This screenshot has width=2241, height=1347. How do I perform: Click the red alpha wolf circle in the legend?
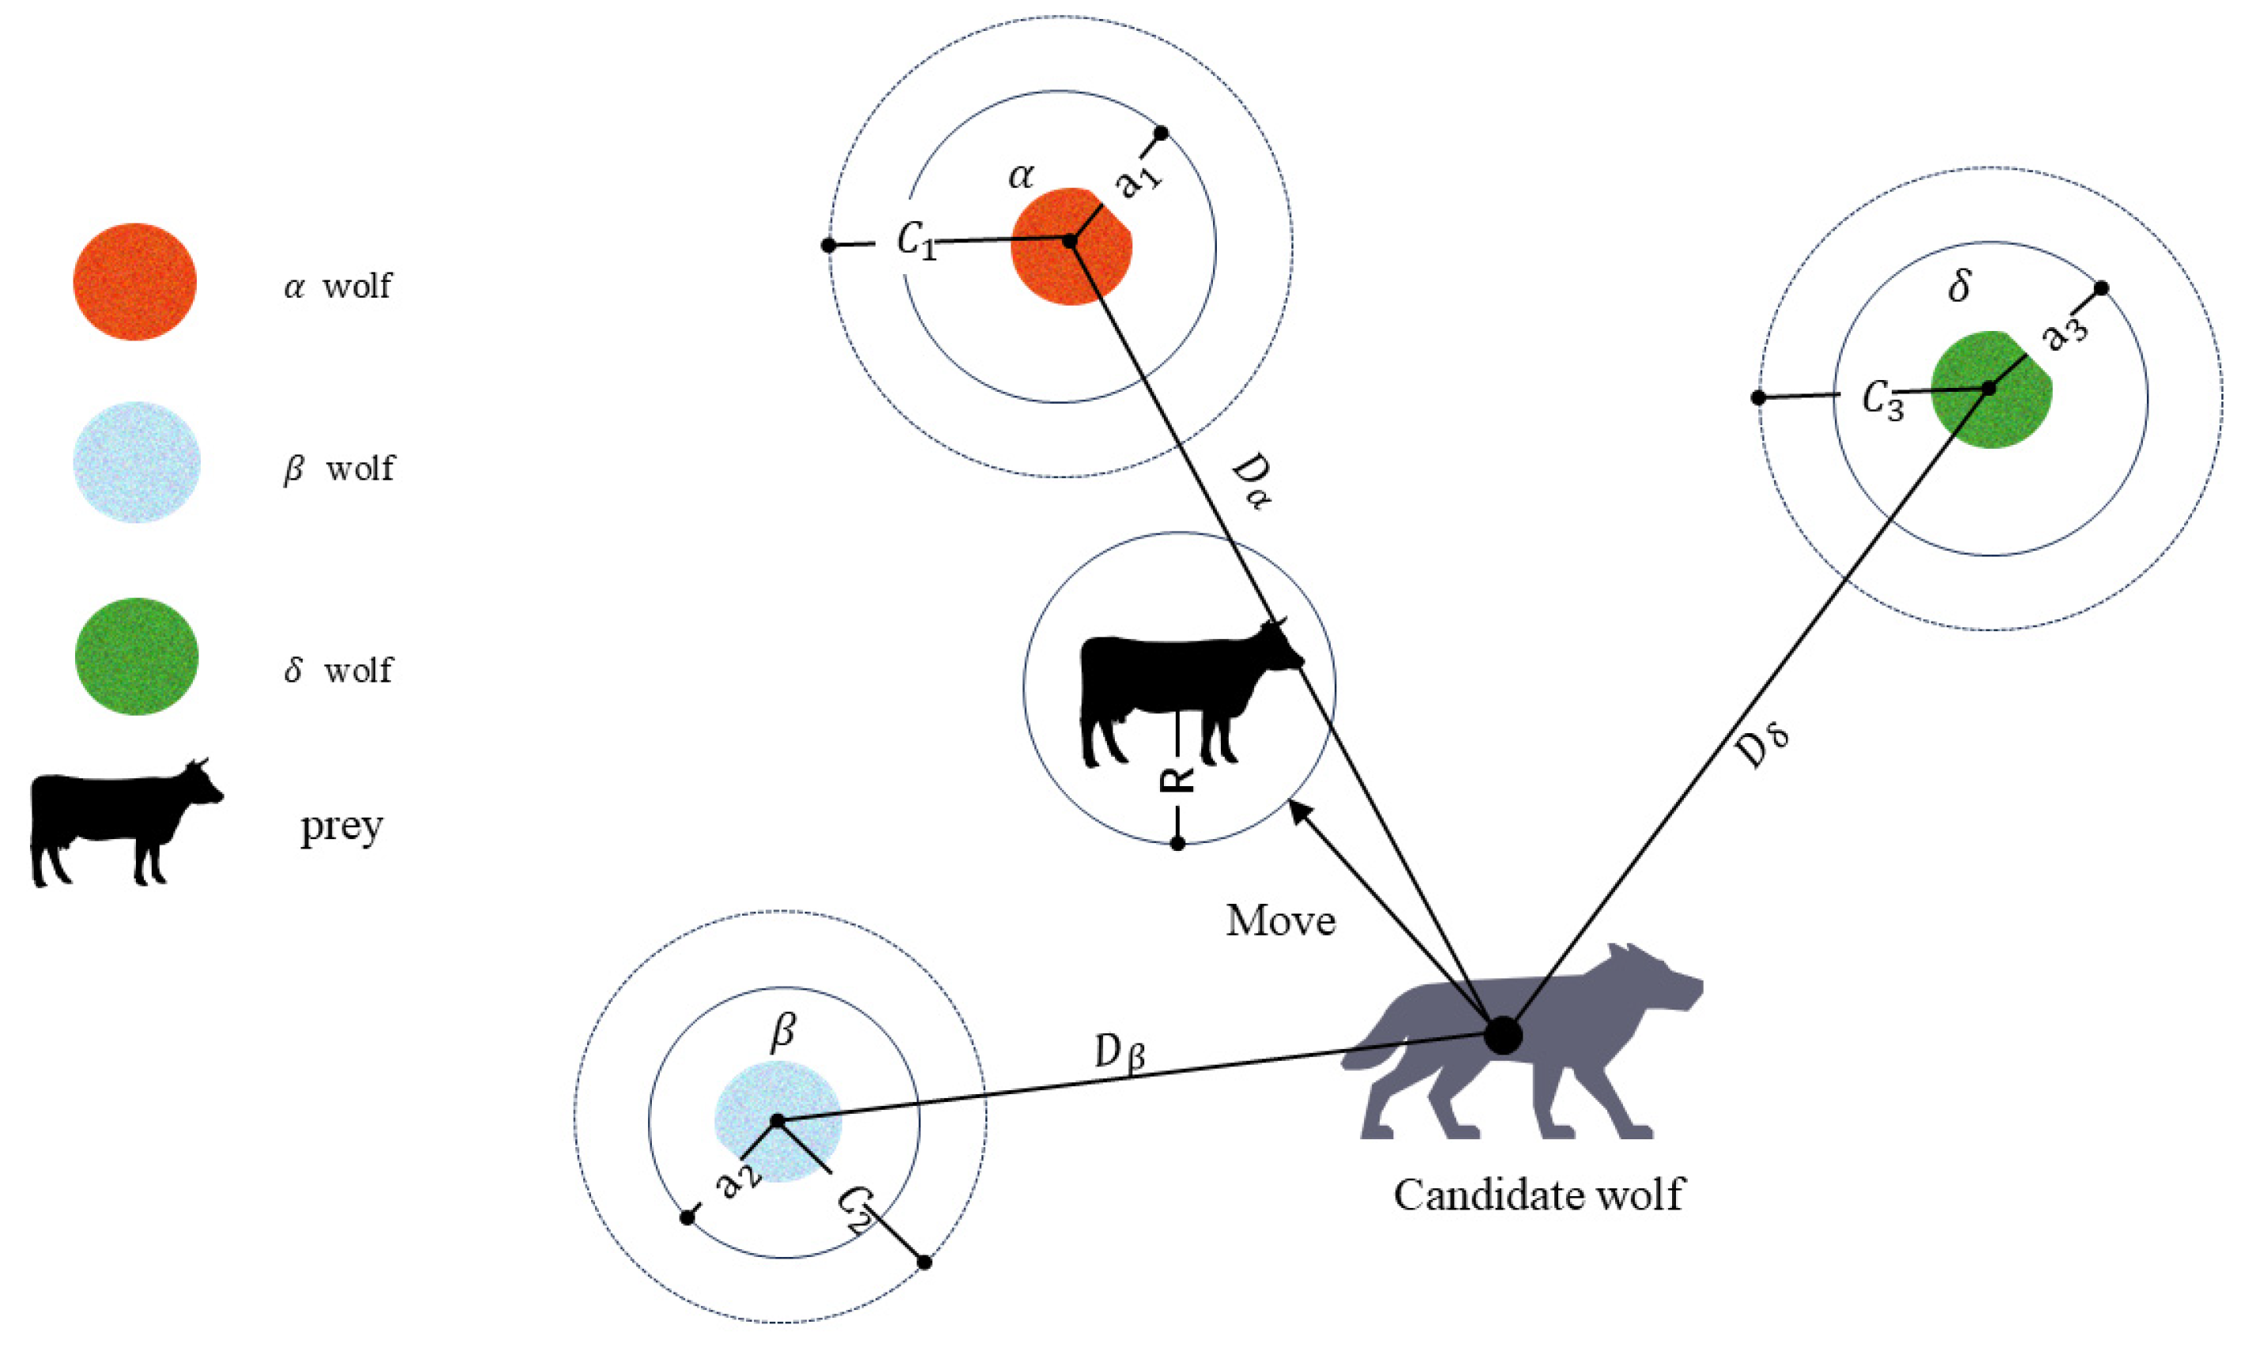(x=134, y=281)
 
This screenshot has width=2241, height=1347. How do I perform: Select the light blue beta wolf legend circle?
(x=136, y=462)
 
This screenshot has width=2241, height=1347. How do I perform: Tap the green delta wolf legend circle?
(x=136, y=657)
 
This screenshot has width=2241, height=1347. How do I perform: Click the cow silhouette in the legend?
(x=122, y=821)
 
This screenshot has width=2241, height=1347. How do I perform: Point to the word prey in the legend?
(x=342, y=827)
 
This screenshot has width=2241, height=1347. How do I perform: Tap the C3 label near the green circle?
(x=1882, y=400)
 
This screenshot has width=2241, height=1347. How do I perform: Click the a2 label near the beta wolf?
(x=738, y=1183)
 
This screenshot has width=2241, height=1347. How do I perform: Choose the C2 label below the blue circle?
(x=853, y=1209)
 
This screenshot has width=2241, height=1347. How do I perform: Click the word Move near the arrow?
(x=1280, y=921)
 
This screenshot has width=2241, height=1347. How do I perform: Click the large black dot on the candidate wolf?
(x=1502, y=1036)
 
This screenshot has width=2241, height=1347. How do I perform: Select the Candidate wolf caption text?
(x=1538, y=1195)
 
